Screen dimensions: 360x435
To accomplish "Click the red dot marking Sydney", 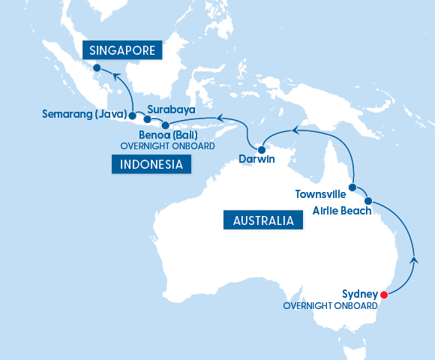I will click(x=384, y=294).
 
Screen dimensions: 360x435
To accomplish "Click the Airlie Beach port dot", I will click(x=368, y=201).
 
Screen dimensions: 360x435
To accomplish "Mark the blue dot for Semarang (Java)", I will click(x=132, y=116).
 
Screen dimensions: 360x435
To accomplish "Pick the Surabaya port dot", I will click(x=148, y=119).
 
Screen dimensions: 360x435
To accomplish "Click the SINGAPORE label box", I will click(x=122, y=50).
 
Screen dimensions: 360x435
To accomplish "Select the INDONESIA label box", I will click(x=151, y=164).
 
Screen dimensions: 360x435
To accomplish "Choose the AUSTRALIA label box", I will click(x=262, y=220).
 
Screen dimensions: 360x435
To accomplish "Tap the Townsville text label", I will click(x=320, y=193).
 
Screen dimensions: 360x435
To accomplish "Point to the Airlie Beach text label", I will click(x=342, y=211).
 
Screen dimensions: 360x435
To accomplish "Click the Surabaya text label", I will click(x=171, y=109).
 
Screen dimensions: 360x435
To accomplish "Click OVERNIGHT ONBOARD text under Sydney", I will click(x=330, y=306).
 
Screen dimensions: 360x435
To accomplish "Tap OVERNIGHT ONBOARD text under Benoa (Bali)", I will click(x=168, y=146).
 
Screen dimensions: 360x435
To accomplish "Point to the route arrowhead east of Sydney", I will click(x=414, y=260).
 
